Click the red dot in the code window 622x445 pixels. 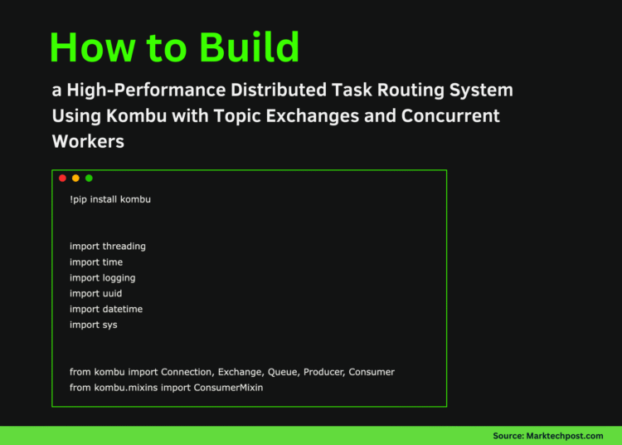62,178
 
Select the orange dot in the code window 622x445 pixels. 75,178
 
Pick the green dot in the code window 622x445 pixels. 89,178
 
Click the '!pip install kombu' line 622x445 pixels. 110,200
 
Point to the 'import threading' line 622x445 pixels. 108,247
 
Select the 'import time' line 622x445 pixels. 96,262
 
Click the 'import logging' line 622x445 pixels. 103,278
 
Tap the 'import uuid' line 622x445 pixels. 96,293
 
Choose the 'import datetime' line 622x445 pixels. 106,309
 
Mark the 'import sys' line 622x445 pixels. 94,325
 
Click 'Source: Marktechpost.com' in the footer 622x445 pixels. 547,436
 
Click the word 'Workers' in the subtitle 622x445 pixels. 88,141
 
